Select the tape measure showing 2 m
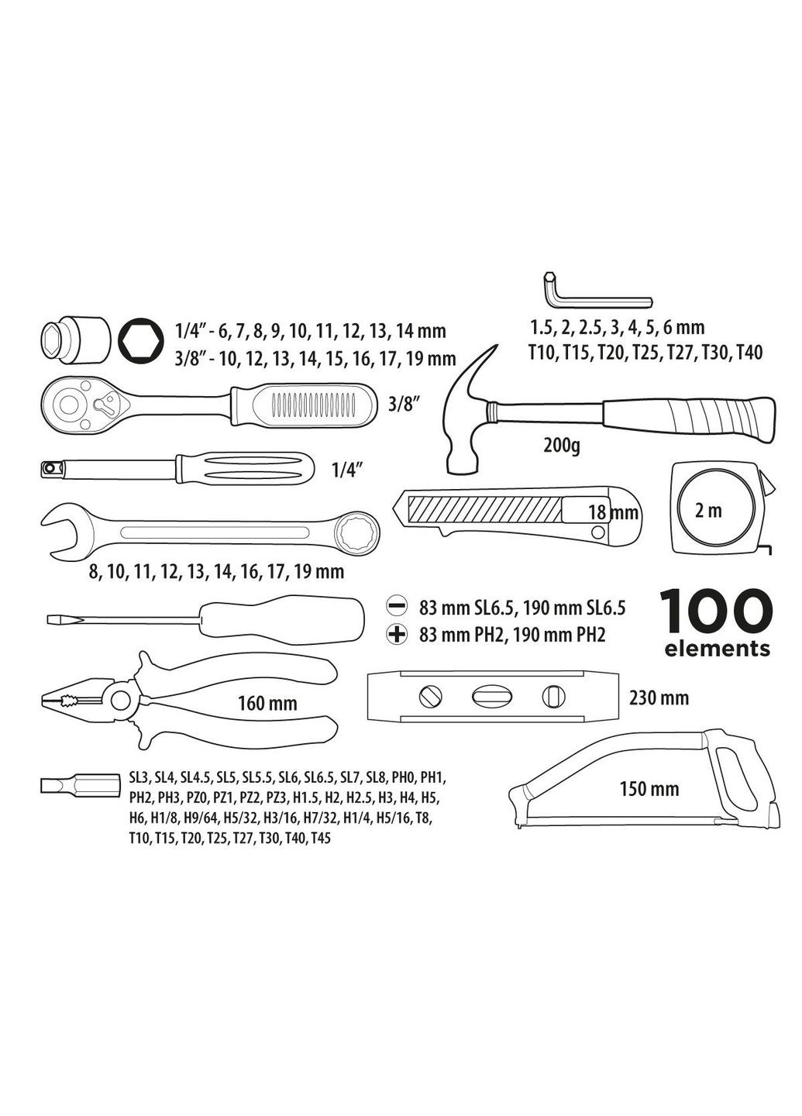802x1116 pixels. [718, 509]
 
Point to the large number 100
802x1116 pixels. [717, 612]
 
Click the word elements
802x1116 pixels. [717, 649]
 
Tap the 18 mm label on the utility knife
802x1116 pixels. [613, 511]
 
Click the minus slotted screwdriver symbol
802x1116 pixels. [398, 606]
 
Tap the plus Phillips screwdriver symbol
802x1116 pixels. [398, 635]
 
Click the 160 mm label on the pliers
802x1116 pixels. [267, 703]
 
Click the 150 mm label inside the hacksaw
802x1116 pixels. [649, 789]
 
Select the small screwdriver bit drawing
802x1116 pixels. [78, 785]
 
